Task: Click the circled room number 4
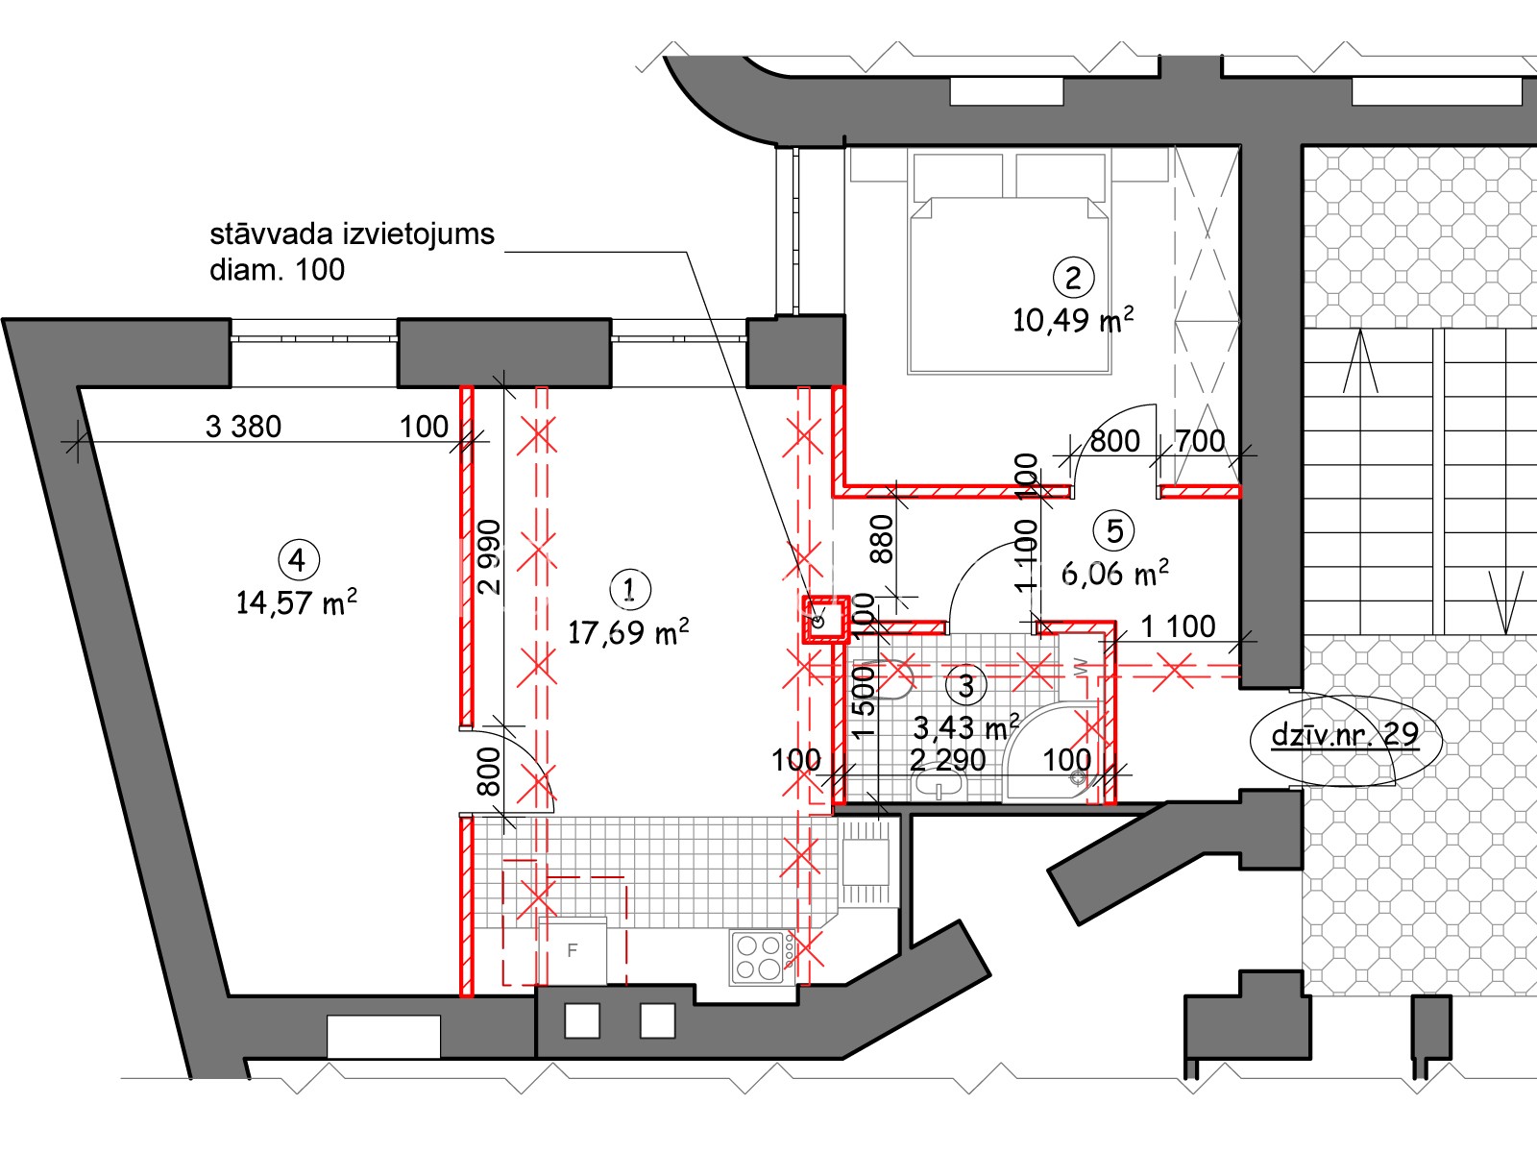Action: tap(299, 560)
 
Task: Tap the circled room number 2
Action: tap(1073, 278)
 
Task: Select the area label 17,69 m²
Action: tap(628, 632)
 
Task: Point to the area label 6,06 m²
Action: tap(1114, 574)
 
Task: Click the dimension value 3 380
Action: tap(243, 427)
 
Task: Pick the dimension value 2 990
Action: tap(490, 557)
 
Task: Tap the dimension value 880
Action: tap(882, 539)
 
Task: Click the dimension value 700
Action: tap(1200, 441)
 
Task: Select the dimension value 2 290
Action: tap(947, 760)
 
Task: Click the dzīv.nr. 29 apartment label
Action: tap(1345, 734)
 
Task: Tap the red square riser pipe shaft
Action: tap(825, 619)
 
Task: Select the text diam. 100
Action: tap(278, 270)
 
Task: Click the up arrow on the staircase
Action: tap(1360, 361)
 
